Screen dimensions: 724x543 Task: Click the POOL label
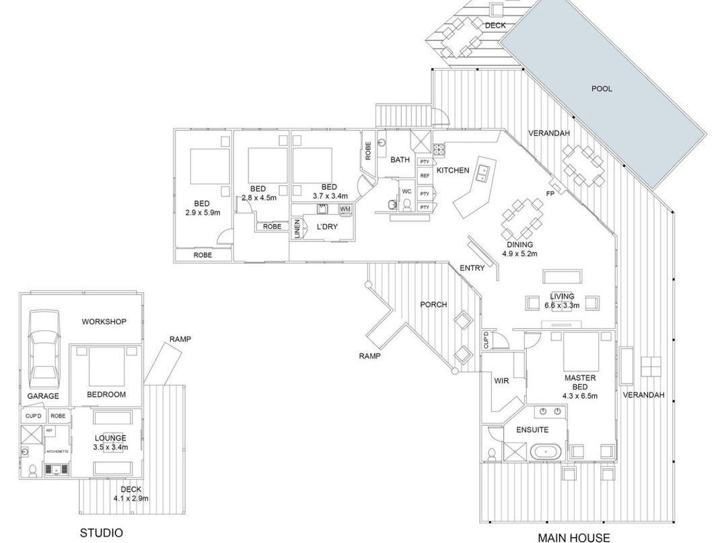(602, 88)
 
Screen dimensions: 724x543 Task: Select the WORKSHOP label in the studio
(104, 322)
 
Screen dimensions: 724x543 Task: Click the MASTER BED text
(580, 383)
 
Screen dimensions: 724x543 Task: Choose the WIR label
(501, 381)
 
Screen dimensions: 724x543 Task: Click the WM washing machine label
(345, 209)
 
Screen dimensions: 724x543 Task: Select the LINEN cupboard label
(297, 229)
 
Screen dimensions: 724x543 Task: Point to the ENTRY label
(472, 268)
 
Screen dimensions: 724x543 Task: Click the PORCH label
(433, 304)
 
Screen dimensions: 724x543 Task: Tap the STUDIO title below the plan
(102, 533)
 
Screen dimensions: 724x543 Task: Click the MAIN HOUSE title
(574, 537)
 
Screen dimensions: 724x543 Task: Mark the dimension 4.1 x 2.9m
(131, 498)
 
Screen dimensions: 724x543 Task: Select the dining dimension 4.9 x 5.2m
(519, 254)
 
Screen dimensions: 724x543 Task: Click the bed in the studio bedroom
(104, 367)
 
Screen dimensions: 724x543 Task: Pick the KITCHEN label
(453, 170)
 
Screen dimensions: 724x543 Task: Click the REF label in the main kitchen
(425, 176)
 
